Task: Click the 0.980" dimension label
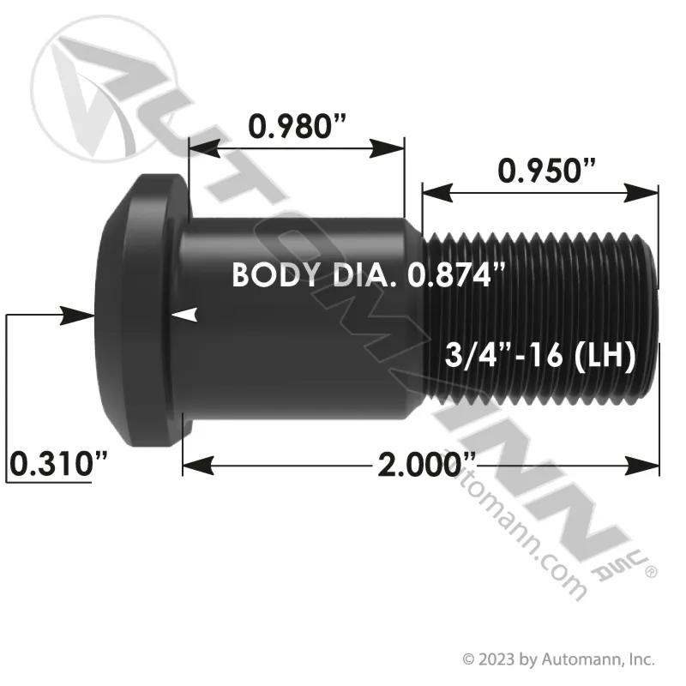[x=297, y=126]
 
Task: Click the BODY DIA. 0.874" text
[x=369, y=274]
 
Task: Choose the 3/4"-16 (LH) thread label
[x=540, y=354]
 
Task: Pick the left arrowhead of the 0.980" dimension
[x=204, y=148]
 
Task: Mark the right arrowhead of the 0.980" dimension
[x=387, y=148]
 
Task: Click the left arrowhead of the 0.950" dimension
[x=436, y=192]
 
